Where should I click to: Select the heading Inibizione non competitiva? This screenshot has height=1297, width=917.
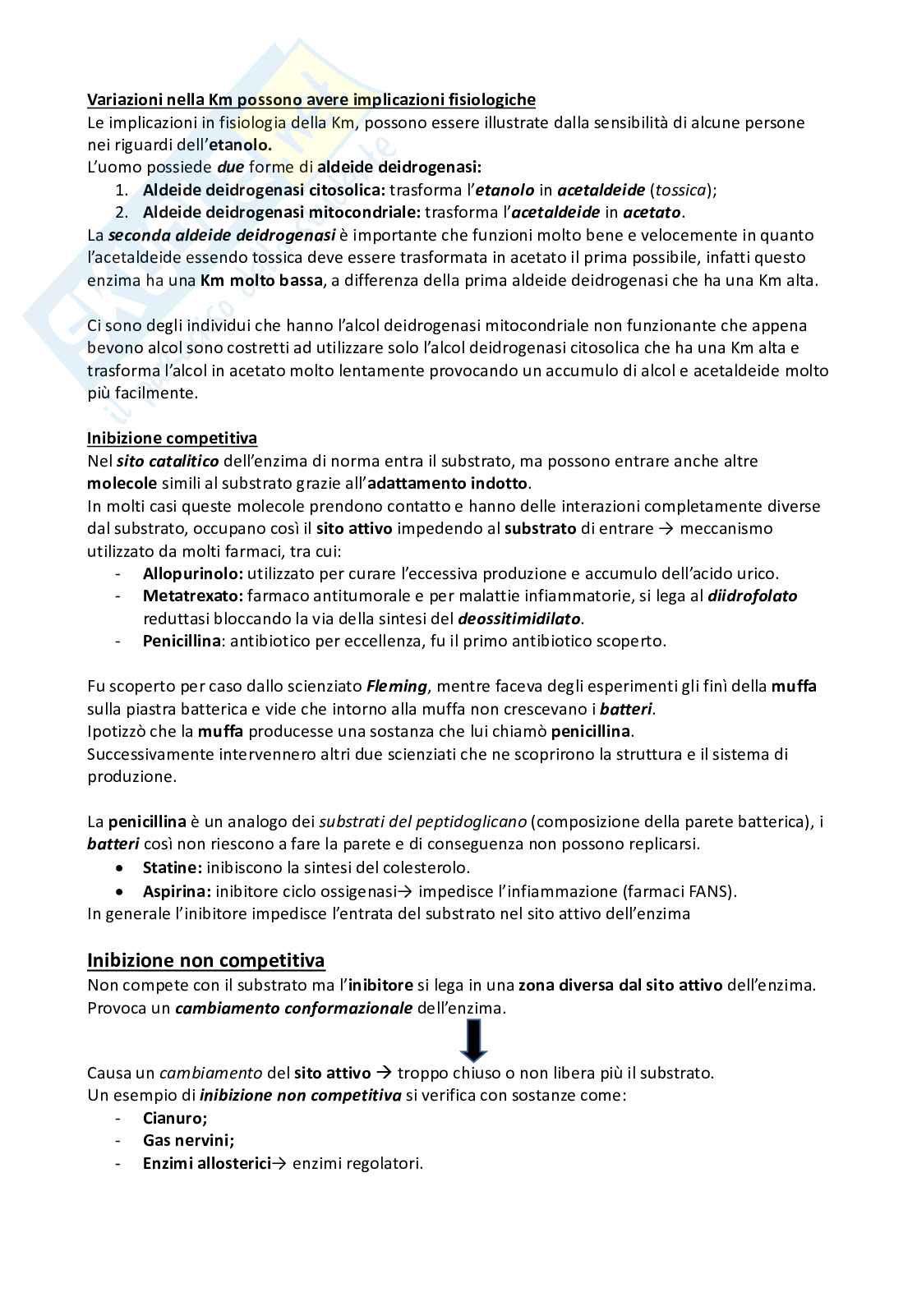point(206,960)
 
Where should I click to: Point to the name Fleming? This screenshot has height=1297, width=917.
point(396,686)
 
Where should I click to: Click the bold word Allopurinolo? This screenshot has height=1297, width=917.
point(192,573)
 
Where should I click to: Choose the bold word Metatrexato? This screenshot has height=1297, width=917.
point(192,596)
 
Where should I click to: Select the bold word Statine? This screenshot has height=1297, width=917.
point(172,867)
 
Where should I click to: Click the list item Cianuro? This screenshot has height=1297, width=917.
point(175,1118)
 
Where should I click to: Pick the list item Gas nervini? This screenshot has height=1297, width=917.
point(188,1140)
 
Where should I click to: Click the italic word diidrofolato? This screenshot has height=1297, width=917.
point(752,596)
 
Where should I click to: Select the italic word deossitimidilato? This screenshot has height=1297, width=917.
point(519,619)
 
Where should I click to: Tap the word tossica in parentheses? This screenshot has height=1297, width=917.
point(681,190)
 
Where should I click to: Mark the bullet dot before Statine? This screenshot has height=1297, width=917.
point(122,867)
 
